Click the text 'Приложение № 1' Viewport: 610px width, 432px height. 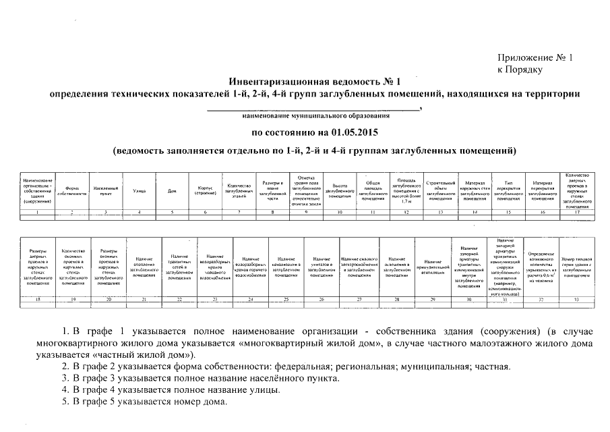pyautogui.click(x=534, y=58)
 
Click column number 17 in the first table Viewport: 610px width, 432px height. pyautogui.click(x=578, y=213)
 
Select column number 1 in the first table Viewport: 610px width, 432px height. pyautogui.click(x=38, y=213)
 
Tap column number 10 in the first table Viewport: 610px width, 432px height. pyautogui.click(x=339, y=213)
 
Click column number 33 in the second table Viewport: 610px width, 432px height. pyautogui.click(x=576, y=300)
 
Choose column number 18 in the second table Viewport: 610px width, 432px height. pyautogui.click(x=37, y=300)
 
